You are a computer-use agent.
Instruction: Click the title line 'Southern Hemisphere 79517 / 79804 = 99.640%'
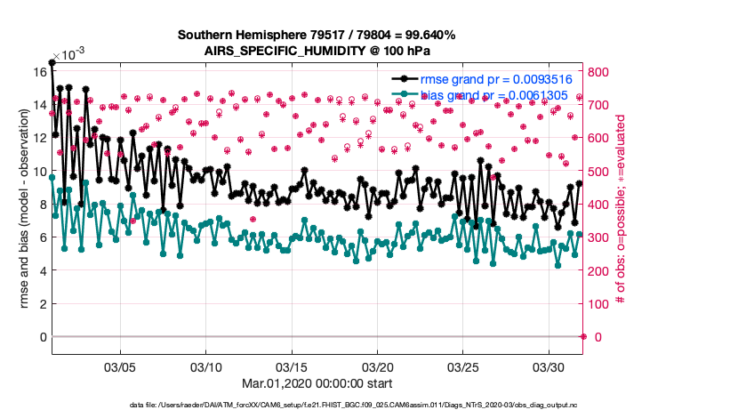tap(317, 35)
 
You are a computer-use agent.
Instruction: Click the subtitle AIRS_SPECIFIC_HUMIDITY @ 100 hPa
tap(317, 50)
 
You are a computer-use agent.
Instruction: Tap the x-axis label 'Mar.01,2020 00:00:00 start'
tap(317, 383)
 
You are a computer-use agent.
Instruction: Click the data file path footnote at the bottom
tap(317, 406)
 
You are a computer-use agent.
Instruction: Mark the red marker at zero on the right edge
tap(583, 337)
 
